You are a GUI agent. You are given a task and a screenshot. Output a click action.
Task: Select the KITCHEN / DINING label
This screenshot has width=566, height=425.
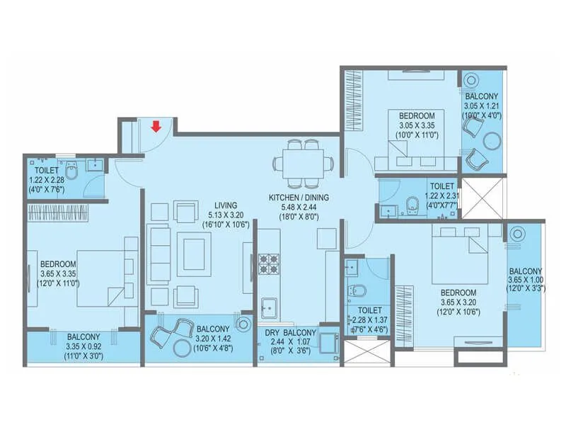pos(298,197)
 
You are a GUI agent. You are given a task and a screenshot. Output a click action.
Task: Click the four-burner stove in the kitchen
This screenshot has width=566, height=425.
pos(269,264)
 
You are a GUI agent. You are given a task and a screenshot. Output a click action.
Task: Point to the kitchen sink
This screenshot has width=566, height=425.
pos(269,306)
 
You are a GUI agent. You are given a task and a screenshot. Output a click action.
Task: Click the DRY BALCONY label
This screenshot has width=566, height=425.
pos(289,332)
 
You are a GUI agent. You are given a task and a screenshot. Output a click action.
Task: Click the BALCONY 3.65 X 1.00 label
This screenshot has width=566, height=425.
pos(525,271)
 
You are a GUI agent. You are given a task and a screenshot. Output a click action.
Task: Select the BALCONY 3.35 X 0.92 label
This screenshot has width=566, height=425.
pos(83,336)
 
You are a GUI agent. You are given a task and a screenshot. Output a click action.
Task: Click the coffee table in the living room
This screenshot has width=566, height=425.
pos(193,251)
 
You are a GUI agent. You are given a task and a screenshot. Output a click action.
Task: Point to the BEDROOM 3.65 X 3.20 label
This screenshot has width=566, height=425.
pos(458,292)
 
